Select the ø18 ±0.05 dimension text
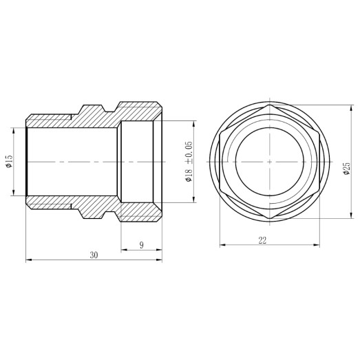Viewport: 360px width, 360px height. pyautogui.click(x=188, y=161)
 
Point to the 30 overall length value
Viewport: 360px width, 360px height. pyautogui.click(x=94, y=255)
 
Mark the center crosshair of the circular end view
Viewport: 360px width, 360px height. pyautogui.click(x=268, y=162)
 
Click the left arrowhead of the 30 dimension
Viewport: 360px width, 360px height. pyautogui.click(x=28, y=260)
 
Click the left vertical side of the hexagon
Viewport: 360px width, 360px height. pyautogui.click(x=220, y=162)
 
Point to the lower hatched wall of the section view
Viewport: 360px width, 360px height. pyautogui.click(x=69, y=203)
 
